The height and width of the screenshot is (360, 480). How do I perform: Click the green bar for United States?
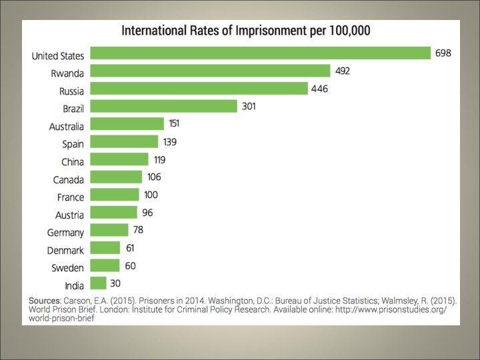[x=260, y=53]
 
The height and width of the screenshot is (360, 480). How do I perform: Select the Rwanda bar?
[x=210, y=71]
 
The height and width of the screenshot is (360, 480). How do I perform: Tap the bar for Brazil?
[x=163, y=106]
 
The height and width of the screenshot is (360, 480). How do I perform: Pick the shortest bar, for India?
[x=98, y=283]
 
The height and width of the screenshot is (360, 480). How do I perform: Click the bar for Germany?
[x=109, y=230]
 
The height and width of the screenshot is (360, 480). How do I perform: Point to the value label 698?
[x=443, y=53]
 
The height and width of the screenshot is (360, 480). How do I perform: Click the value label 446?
[x=319, y=89]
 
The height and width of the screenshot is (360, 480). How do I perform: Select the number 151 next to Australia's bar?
[x=174, y=123]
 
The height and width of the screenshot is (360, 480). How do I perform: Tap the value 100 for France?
[x=151, y=195]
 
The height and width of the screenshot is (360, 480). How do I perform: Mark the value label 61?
[x=130, y=248]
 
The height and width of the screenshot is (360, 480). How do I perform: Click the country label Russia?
[x=71, y=91]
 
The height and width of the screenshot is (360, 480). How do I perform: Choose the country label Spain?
[x=73, y=144]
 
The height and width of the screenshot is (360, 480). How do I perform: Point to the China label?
[x=73, y=161]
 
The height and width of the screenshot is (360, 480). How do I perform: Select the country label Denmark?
[x=65, y=251]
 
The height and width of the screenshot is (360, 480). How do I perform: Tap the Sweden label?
[x=67, y=268]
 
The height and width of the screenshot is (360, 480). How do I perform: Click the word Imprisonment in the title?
[x=271, y=31]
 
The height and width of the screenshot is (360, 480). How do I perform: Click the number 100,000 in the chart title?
[x=349, y=31]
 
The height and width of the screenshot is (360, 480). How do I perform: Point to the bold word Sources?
[x=45, y=301]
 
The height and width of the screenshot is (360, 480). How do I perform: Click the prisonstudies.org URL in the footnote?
[x=391, y=309]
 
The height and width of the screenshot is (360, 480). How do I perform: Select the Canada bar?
[x=116, y=177]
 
